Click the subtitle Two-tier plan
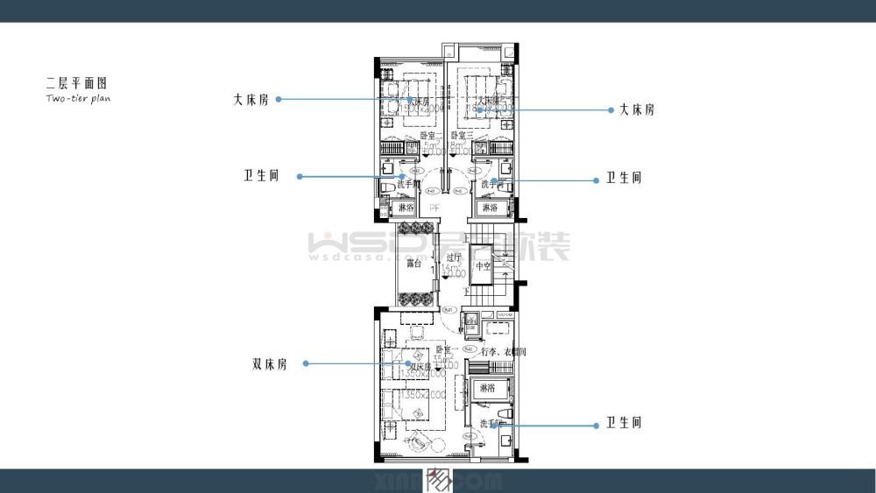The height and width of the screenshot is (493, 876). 78,99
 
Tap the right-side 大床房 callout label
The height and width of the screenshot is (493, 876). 636,110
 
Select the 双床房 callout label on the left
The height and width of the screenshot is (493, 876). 270,363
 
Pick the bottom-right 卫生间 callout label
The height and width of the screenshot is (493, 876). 624,423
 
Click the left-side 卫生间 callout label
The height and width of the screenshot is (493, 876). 261,176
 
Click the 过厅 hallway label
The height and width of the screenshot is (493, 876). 453,257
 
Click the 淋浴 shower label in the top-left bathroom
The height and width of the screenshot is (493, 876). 406,208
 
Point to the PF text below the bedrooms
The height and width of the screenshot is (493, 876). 434,208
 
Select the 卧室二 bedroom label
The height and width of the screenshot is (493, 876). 431,136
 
